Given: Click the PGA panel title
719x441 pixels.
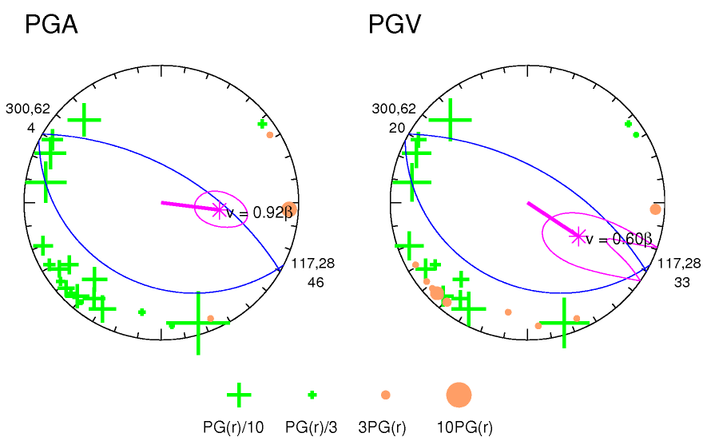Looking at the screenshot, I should point(51,25).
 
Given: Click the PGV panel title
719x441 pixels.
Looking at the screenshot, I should point(395,25).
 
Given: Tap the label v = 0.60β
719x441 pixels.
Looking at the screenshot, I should point(619,239).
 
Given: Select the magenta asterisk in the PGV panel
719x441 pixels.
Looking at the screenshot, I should point(577,236).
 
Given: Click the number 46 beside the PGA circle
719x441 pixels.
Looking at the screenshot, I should point(316,282).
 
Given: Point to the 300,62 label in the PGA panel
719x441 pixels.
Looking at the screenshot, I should point(27,109).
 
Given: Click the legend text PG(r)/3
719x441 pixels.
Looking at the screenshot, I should point(312,427).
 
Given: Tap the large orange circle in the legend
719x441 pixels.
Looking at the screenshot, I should point(459,394).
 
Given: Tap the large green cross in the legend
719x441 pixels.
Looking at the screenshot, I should point(239,395).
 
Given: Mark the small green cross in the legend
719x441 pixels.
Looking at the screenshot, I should point(312,395).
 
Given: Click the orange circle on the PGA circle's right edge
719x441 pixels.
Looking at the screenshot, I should point(289,209).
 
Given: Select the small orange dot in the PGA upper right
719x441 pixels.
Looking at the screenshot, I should point(270,134).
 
